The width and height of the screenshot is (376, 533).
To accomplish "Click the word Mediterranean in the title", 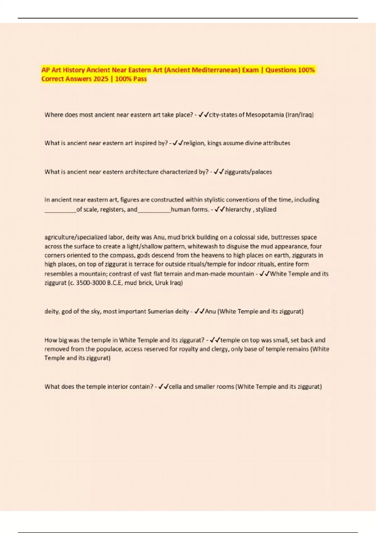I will (x=216, y=70).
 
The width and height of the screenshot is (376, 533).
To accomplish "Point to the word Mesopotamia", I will (x=264, y=115).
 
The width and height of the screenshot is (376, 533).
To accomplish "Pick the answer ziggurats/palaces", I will (x=248, y=172).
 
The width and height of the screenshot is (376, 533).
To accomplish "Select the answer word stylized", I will (x=266, y=209).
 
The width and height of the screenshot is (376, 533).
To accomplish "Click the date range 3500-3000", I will (x=93, y=283).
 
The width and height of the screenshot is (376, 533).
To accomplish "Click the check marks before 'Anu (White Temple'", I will (x=199, y=312).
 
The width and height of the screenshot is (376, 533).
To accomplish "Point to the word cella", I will (x=175, y=387).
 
